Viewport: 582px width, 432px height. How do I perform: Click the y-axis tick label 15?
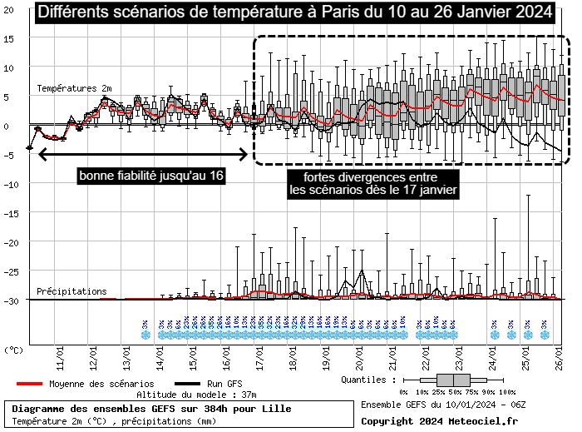coord(9,39)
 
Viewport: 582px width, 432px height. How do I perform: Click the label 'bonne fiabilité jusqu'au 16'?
coord(152,176)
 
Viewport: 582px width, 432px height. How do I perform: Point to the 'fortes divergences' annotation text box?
coord(370,184)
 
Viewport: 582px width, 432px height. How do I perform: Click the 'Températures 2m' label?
coord(74,87)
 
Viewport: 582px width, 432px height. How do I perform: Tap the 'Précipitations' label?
coord(72,292)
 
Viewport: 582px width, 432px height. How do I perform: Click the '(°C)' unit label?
coord(14,350)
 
